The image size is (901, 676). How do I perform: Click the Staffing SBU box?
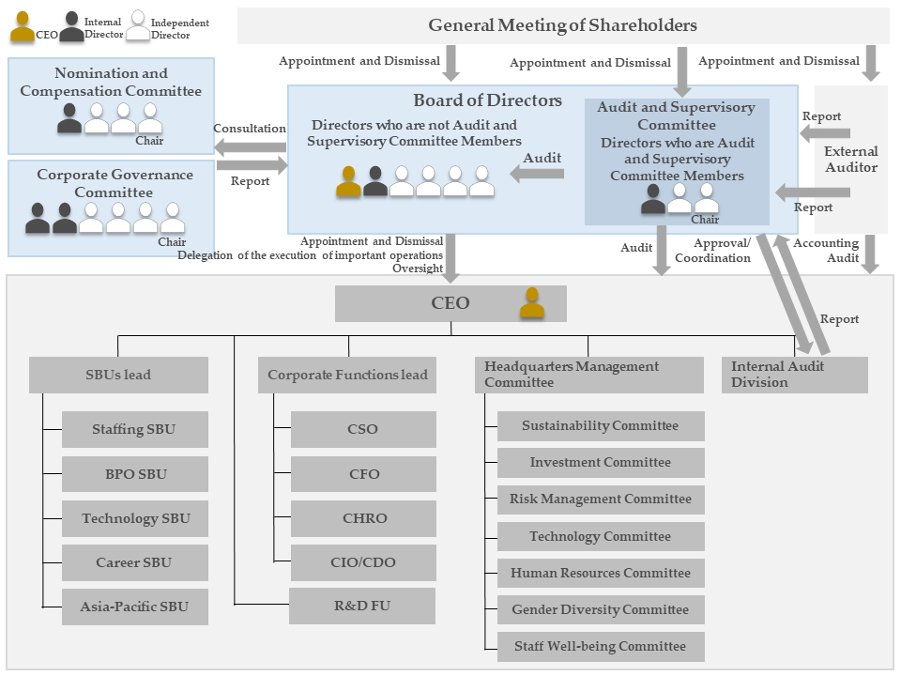click(134, 430)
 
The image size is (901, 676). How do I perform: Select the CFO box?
click(363, 474)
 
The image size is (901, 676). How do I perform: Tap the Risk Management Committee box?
click(601, 499)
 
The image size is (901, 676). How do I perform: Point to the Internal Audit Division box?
click(794, 375)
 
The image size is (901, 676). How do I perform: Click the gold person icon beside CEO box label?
click(532, 303)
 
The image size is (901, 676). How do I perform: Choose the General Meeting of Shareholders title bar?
click(563, 25)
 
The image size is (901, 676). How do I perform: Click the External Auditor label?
click(850, 159)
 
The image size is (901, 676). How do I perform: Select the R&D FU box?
click(362, 606)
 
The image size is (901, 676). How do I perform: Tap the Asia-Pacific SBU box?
click(134, 607)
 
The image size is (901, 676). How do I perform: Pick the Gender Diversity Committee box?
click(601, 609)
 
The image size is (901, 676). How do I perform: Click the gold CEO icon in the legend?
click(23, 28)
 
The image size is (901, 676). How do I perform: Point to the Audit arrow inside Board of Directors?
click(537, 173)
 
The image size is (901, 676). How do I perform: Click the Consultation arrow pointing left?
click(251, 146)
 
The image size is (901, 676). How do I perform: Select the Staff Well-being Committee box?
click(601, 646)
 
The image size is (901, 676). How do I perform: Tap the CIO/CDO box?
click(363, 562)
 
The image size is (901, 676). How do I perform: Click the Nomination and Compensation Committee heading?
click(111, 83)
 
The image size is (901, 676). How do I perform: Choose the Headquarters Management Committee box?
click(589, 375)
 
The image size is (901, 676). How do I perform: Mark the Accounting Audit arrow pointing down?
click(869, 253)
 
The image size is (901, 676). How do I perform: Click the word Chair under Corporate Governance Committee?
click(172, 242)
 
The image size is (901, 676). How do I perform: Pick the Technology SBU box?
click(134, 518)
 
